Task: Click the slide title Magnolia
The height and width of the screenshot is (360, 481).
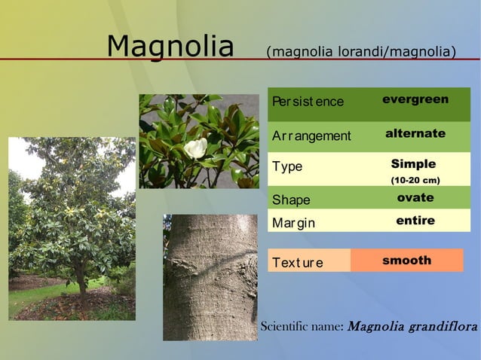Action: (170, 47)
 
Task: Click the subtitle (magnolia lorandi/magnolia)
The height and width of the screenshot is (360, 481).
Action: (361, 52)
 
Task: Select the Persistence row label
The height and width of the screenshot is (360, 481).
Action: (308, 102)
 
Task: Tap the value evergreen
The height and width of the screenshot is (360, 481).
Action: (415, 99)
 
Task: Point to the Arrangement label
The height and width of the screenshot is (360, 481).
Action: (311, 136)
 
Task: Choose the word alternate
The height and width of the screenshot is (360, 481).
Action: (415, 133)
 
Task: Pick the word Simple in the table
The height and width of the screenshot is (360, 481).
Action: (413, 164)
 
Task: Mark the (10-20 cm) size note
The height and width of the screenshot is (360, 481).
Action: (415, 181)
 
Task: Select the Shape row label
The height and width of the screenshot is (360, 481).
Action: (291, 200)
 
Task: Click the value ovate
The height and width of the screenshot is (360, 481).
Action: (415, 197)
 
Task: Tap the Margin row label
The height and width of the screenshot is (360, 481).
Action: (293, 223)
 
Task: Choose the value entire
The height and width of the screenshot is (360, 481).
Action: (415, 221)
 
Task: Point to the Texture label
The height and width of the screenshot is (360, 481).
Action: (298, 263)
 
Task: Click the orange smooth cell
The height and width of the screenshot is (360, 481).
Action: (406, 260)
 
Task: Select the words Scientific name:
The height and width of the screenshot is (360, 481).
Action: (302, 327)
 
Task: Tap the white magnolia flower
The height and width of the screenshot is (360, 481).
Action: (196, 148)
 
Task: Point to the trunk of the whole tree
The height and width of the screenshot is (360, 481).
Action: (81, 283)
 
